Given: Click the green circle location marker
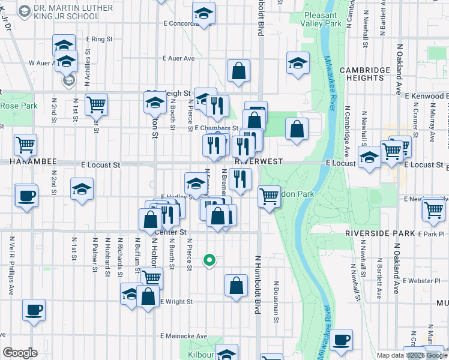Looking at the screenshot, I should [x=209, y=260].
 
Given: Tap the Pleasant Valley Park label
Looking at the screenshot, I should [x=323, y=19].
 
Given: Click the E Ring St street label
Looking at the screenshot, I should [x=99, y=39].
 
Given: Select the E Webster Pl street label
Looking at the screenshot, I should [x=424, y=281].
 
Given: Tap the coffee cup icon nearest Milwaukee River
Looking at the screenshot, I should [x=341, y=340].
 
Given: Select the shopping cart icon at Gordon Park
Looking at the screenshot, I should [x=269, y=196].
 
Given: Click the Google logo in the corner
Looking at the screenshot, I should [x=20, y=353].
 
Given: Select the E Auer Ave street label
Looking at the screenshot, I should [x=179, y=59].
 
